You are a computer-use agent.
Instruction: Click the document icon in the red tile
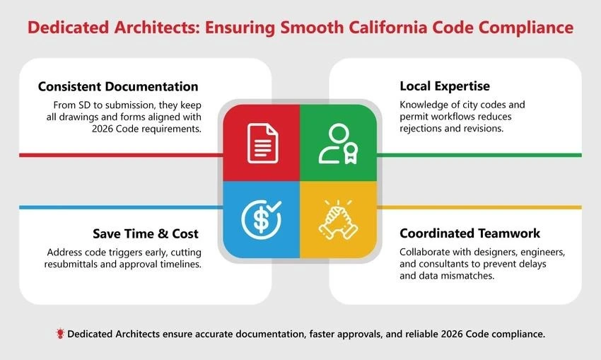(262, 142)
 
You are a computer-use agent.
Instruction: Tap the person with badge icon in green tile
(337, 144)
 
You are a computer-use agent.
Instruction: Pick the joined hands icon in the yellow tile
(337, 219)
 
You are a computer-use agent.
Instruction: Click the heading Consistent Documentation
(118, 87)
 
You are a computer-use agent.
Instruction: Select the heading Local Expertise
(444, 86)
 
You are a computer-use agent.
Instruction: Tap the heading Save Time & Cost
(145, 233)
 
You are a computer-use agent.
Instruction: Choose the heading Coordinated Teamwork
(469, 233)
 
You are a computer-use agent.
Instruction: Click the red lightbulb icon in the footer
(60, 333)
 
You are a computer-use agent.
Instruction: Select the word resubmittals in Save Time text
(77, 264)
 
